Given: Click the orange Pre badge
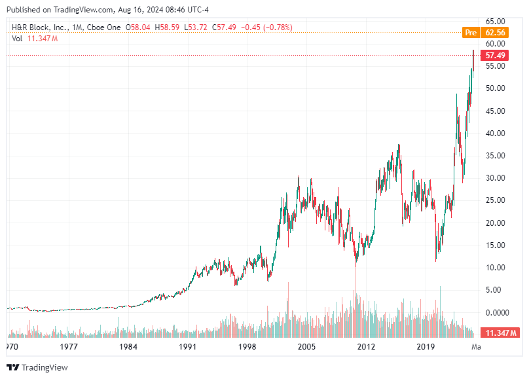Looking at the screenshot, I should point(469,32).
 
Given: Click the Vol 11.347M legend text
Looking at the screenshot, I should point(35,39).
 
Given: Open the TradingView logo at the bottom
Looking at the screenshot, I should point(37,367).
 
